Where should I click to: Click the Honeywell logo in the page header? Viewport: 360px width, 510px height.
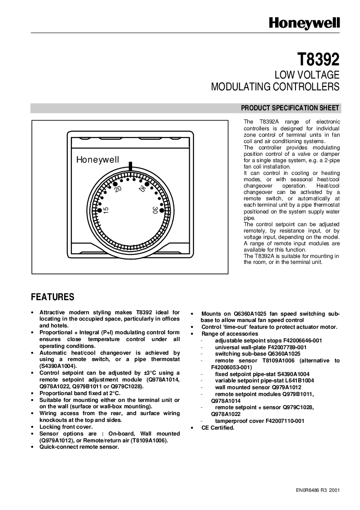(304, 22)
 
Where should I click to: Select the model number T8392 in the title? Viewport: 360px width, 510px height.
(318, 59)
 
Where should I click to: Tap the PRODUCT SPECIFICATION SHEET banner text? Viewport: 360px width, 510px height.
(290, 108)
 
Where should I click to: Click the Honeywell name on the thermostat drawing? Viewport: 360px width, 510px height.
(98, 160)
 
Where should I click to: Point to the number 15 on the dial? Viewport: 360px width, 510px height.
(106, 210)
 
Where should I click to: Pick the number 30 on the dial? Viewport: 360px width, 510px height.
(155, 210)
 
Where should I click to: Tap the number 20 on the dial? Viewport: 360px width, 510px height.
(118, 188)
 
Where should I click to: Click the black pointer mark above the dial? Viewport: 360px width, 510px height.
(130, 165)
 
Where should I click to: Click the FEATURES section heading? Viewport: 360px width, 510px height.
(52, 297)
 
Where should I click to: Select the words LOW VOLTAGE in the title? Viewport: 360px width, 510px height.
(308, 75)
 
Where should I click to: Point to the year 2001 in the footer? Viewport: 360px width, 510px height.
(334, 490)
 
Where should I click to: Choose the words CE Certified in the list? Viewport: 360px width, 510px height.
(218, 428)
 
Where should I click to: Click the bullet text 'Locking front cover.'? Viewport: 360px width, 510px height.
(66, 427)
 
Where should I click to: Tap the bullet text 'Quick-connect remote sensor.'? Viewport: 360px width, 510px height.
(79, 447)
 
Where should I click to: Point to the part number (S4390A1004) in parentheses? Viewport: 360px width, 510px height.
(58, 366)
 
